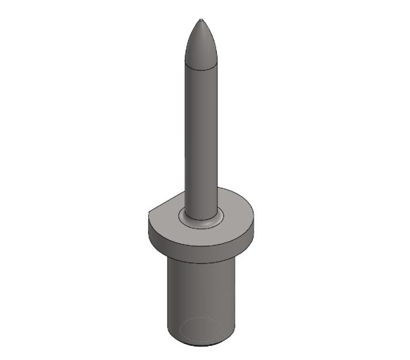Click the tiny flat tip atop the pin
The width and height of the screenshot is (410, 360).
pos(201,21)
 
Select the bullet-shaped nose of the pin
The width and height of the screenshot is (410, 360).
pos(201,44)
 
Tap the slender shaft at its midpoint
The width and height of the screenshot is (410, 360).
pos(201,138)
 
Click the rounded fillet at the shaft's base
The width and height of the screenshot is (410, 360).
pos(201,216)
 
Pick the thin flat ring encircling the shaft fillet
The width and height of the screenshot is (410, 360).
pos(201,225)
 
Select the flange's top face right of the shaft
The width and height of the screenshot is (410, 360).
pos(237,208)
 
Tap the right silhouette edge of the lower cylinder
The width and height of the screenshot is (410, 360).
pos(235,293)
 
